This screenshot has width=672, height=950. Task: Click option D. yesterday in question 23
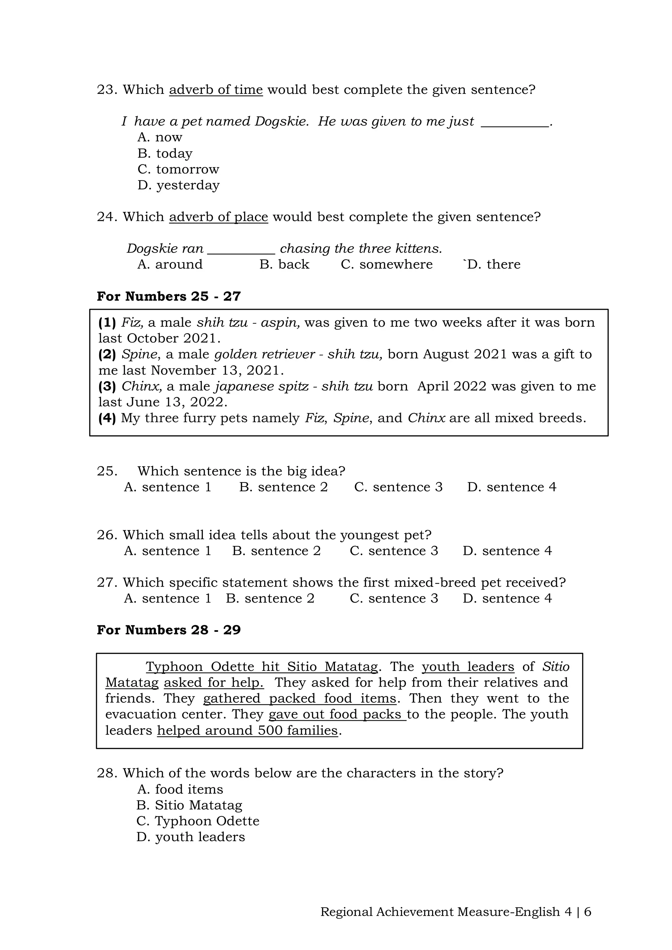(x=178, y=185)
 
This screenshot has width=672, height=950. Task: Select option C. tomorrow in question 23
(x=178, y=169)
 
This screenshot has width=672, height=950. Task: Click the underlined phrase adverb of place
(x=219, y=217)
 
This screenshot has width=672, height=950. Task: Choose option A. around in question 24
(x=170, y=264)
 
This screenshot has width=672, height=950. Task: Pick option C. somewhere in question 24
(x=387, y=264)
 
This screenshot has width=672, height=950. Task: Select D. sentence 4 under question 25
(x=512, y=487)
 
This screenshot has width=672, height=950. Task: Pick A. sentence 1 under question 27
(x=168, y=598)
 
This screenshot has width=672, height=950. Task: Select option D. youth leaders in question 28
(x=191, y=836)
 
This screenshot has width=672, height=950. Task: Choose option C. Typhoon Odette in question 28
(x=198, y=821)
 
